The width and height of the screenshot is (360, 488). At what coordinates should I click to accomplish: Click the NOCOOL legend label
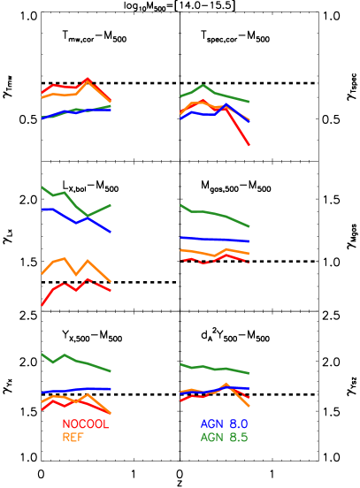click(x=85, y=424)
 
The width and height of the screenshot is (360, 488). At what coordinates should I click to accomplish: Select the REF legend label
click(x=73, y=437)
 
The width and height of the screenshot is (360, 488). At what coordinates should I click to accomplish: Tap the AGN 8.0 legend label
click(x=223, y=424)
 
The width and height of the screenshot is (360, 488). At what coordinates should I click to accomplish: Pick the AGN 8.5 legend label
click(x=223, y=437)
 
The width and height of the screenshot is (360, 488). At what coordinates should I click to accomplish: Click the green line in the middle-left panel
click(x=65, y=193)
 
